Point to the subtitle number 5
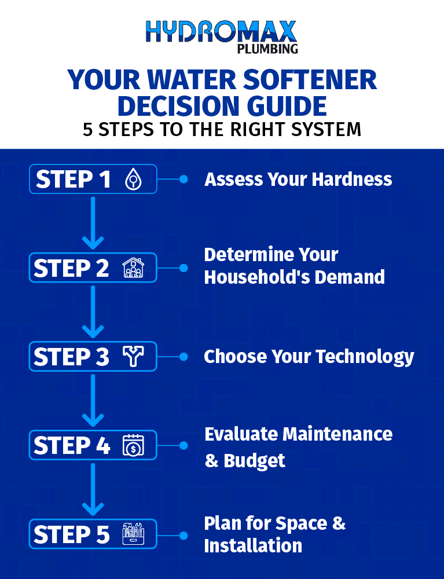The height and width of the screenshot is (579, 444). [88, 129]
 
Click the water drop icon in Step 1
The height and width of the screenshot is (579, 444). [133, 179]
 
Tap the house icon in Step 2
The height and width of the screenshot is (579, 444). [132, 268]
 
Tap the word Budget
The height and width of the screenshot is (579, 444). [255, 461]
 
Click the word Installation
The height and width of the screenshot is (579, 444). [253, 545]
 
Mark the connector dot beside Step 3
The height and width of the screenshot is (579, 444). [184, 357]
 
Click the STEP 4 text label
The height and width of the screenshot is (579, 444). [72, 446]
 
